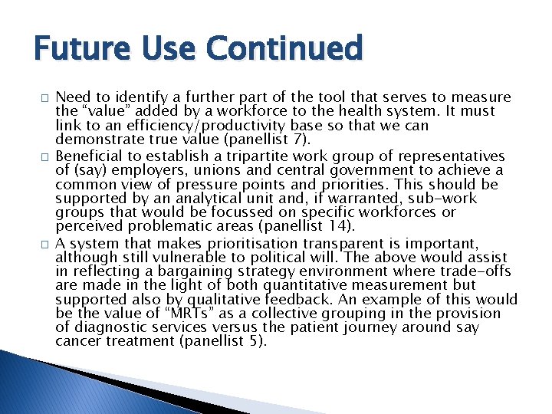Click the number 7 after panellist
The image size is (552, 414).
point(280,140)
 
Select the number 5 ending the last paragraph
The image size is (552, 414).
point(257,342)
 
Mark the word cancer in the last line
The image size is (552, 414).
point(77,342)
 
